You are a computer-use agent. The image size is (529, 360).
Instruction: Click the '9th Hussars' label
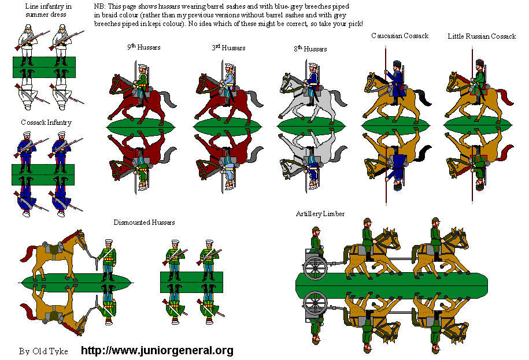[x=144, y=47]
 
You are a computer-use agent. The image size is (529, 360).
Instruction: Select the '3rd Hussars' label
[x=228, y=47]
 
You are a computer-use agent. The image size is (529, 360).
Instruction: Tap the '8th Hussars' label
[x=310, y=49]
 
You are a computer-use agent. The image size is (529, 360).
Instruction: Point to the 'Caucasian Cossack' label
[x=400, y=36]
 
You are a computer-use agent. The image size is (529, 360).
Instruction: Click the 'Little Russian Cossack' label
[x=482, y=36]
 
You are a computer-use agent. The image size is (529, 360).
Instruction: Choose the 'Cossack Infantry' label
[x=46, y=123]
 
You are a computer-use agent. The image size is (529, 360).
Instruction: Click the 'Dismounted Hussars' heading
[x=144, y=222]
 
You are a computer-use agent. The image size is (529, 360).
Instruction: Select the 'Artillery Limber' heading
[x=320, y=214]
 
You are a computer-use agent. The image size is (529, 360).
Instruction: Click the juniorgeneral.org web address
[x=157, y=350]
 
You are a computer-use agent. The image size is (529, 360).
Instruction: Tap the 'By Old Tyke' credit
[x=43, y=351]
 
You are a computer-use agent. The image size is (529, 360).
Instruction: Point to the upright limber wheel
[x=316, y=268]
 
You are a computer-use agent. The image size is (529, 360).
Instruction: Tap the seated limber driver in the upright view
[x=316, y=240]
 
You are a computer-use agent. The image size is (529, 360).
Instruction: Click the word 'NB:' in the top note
[x=100, y=6]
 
